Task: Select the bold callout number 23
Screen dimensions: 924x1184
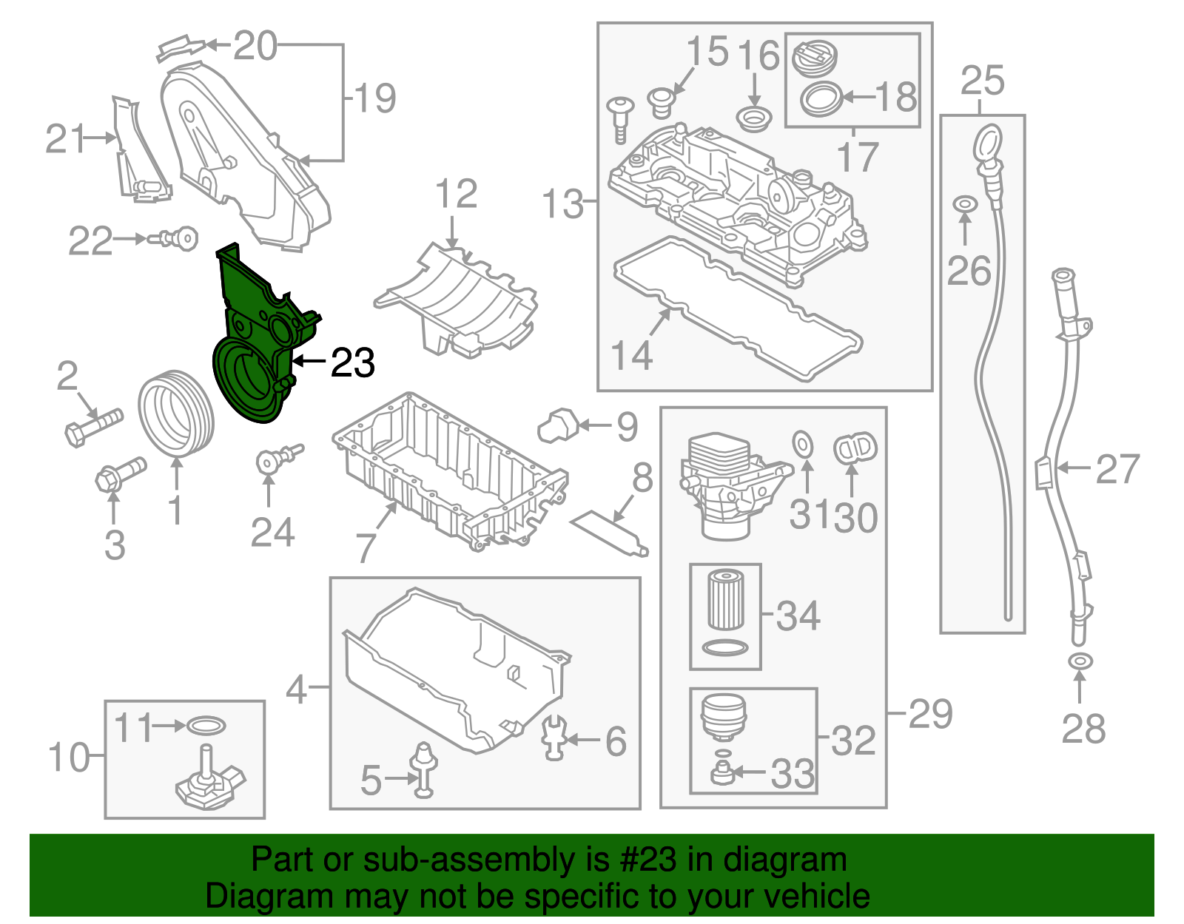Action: (x=352, y=362)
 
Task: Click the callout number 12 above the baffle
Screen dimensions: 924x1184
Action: (x=456, y=195)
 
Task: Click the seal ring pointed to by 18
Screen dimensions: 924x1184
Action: (x=821, y=98)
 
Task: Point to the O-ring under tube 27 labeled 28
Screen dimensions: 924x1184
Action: (x=1080, y=660)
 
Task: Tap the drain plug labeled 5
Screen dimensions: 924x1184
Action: (x=424, y=769)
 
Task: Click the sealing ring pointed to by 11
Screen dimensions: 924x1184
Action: (x=206, y=726)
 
